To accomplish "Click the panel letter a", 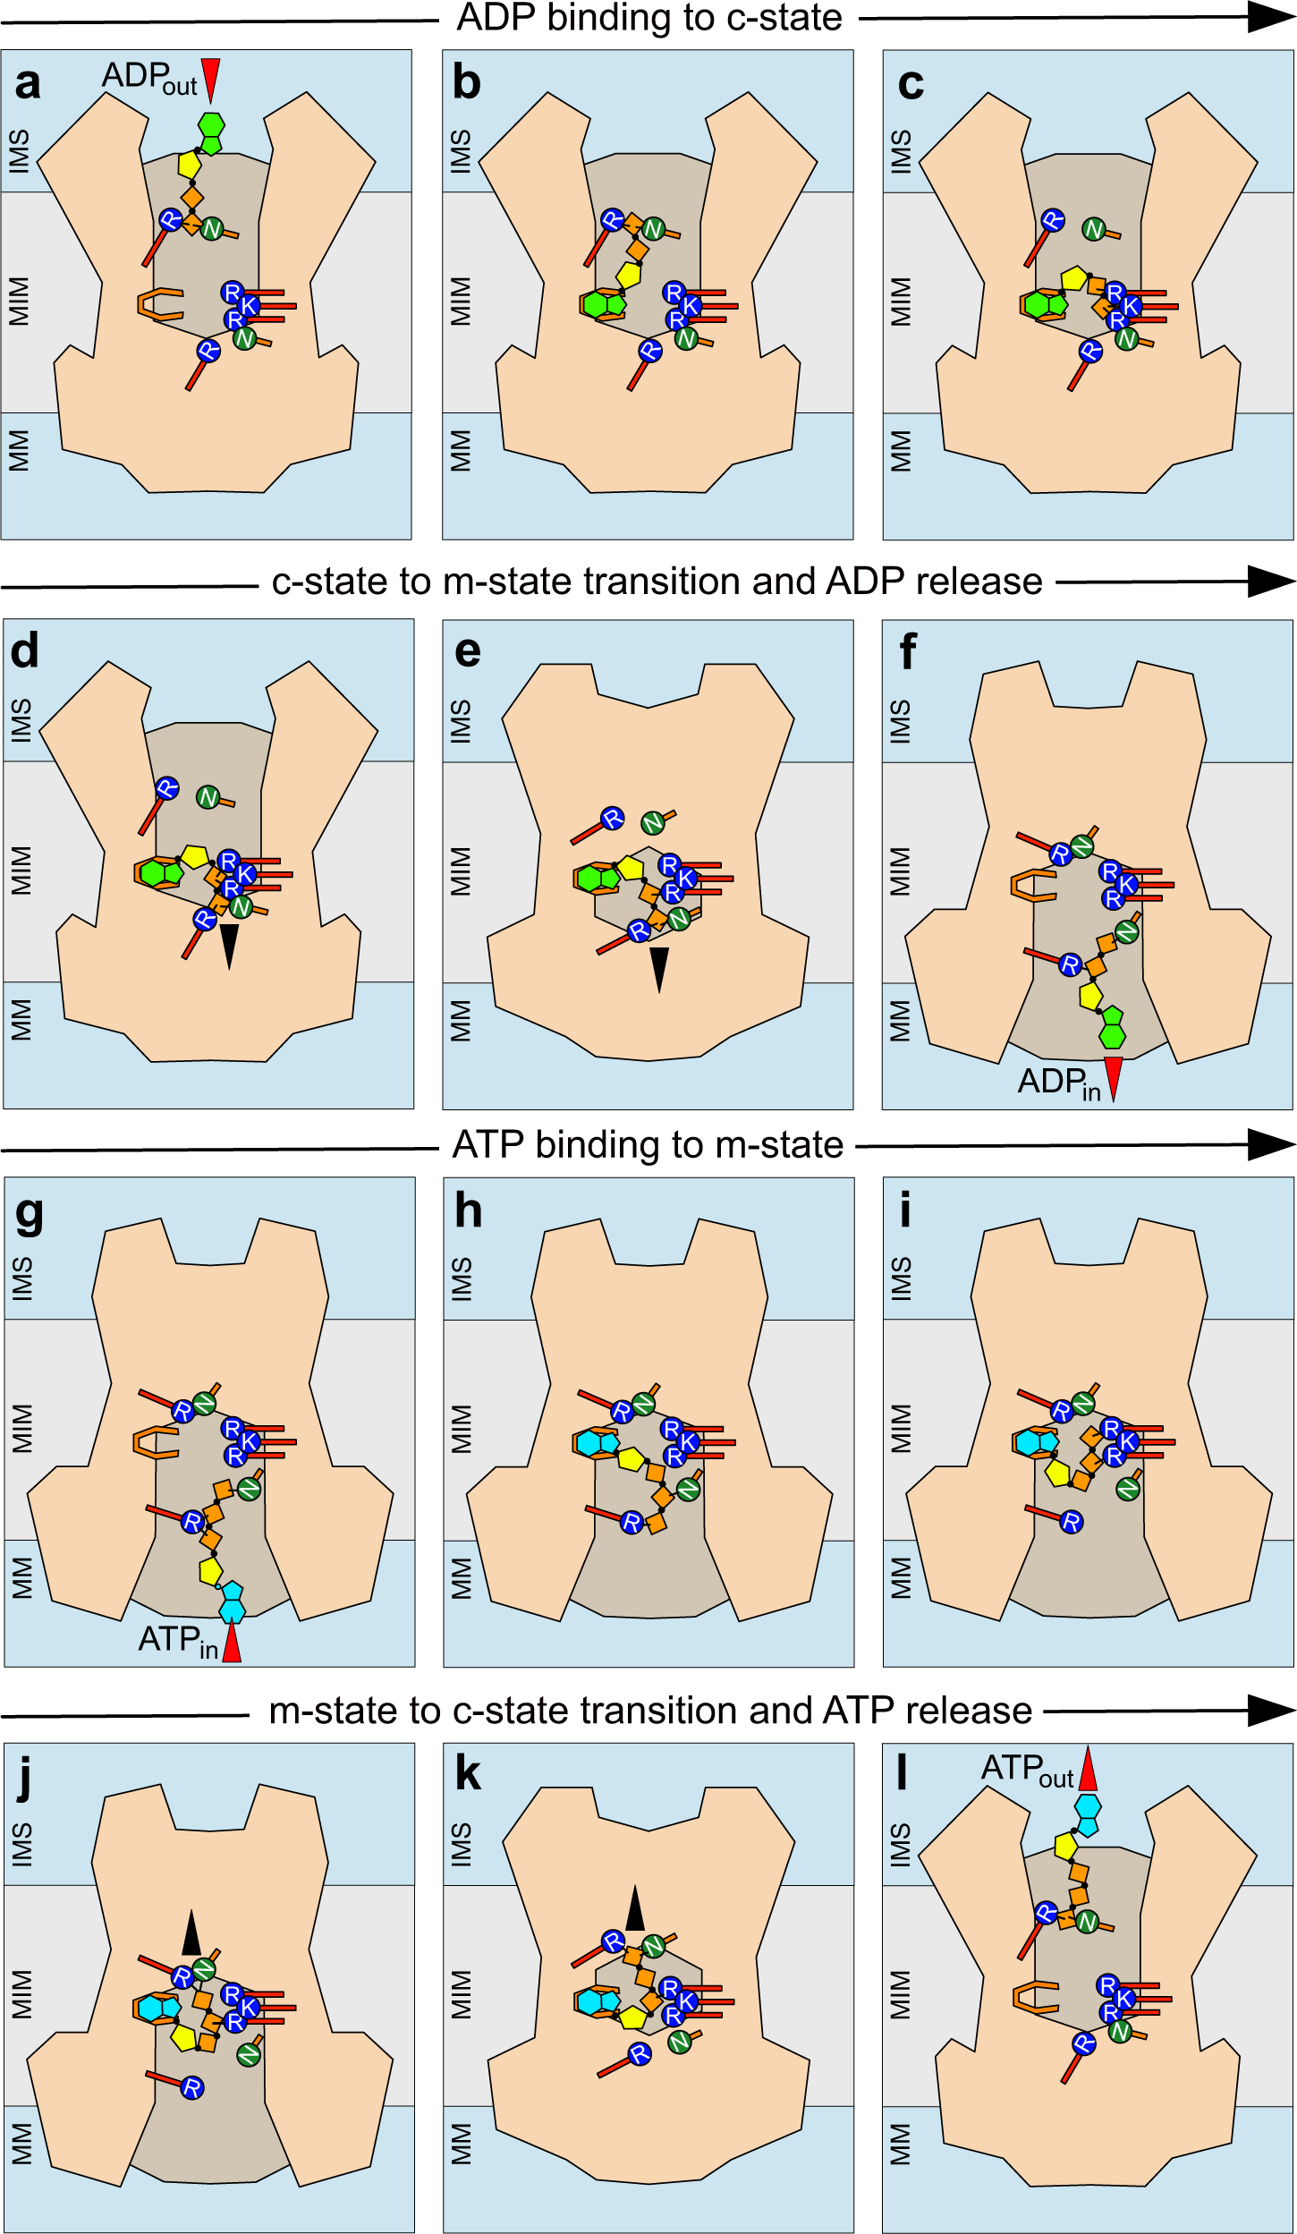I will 28,83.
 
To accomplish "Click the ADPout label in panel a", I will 148,78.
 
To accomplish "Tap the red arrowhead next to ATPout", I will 1088,1767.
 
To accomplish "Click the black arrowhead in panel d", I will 230,945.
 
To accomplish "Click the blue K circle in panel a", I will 249,306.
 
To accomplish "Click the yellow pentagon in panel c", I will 1073,278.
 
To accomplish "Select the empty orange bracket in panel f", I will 1033,886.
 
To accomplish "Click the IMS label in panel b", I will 460,150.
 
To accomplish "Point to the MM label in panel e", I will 460,1020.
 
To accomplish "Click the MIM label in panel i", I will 901,1428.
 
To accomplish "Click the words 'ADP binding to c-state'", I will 649,18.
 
